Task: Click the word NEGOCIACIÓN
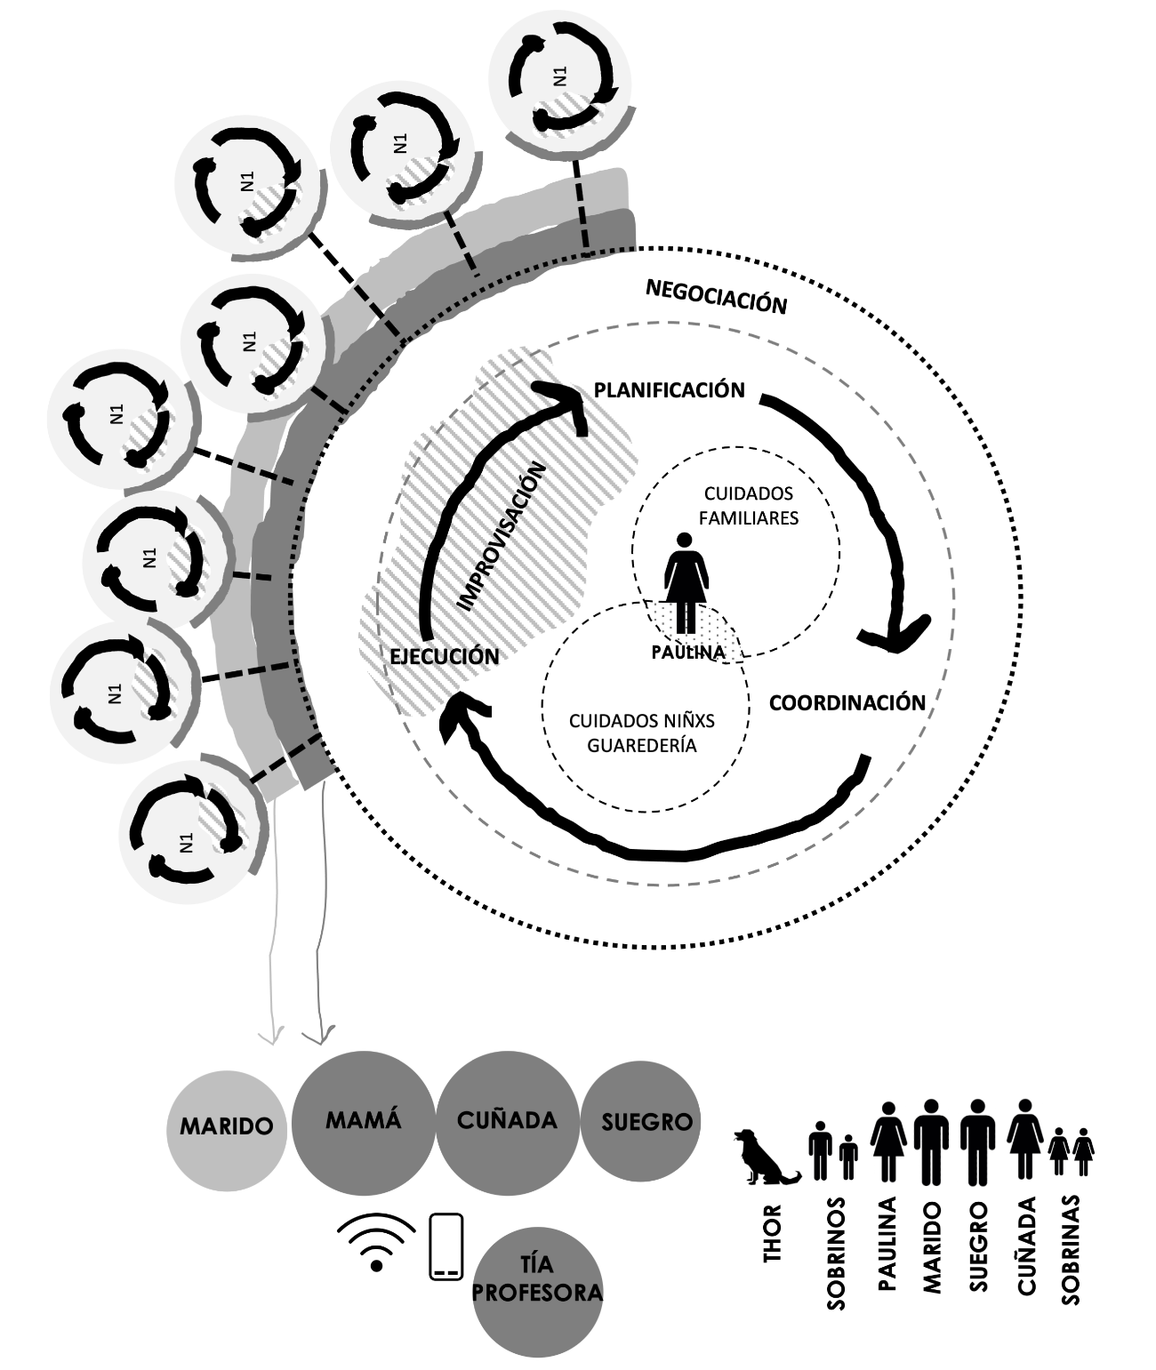click(716, 297)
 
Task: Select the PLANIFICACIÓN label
click(669, 390)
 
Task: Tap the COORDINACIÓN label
click(847, 703)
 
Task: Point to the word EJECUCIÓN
click(444, 657)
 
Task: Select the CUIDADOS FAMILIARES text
click(748, 506)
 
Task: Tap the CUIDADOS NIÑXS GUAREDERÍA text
click(641, 733)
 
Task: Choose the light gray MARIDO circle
click(227, 1126)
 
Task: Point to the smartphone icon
click(446, 1246)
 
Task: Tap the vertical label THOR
click(772, 1233)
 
